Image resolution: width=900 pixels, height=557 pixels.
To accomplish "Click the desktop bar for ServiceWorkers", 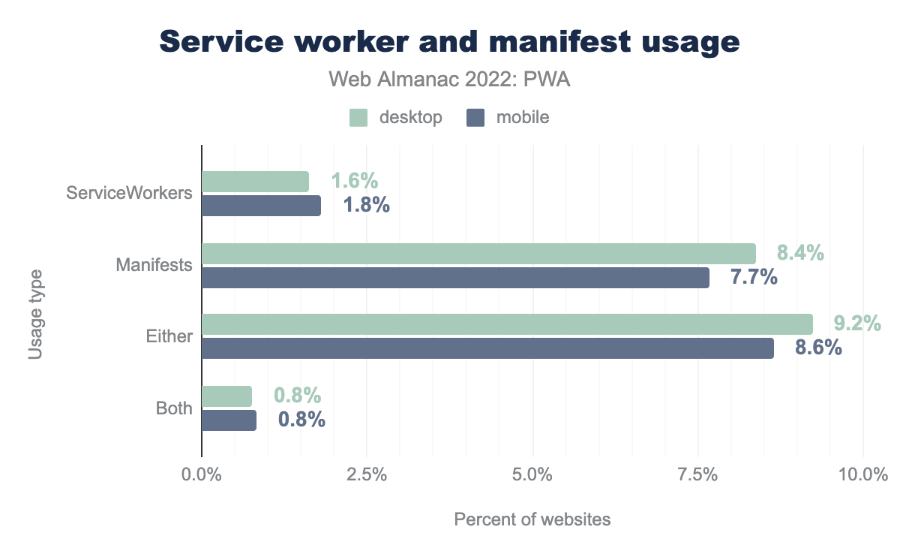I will point(255,181).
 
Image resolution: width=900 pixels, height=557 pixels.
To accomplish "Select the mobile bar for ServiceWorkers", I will point(261,205).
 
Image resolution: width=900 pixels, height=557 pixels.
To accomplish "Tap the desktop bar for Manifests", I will point(478,253).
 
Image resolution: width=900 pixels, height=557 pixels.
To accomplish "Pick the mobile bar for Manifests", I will point(455,277).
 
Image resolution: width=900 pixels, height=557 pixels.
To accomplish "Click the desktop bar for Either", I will point(507,324).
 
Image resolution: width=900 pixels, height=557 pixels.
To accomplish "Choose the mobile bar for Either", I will point(487,348).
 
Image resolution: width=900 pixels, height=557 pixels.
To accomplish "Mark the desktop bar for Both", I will point(226,396).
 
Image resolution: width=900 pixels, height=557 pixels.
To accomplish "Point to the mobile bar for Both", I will point(229,420).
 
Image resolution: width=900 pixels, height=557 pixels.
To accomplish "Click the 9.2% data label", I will point(857,324).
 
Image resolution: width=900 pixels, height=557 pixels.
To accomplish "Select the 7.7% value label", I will point(754,277).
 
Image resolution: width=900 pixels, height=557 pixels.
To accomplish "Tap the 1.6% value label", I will point(355,181).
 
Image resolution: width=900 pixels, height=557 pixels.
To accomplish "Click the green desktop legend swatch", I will point(358,117).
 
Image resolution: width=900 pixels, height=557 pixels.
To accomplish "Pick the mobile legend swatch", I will point(475,117).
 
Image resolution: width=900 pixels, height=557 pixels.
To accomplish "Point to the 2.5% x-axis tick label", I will point(367,476).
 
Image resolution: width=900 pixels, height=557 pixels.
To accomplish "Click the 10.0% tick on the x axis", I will point(863,476).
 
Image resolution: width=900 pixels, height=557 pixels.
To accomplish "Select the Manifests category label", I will point(154,265).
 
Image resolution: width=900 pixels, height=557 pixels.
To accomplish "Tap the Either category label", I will point(169,336).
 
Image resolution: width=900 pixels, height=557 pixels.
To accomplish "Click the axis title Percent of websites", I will point(532,519).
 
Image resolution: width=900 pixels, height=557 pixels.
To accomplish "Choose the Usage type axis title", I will point(35,315).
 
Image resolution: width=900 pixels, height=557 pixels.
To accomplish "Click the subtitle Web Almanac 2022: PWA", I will point(450,80).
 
